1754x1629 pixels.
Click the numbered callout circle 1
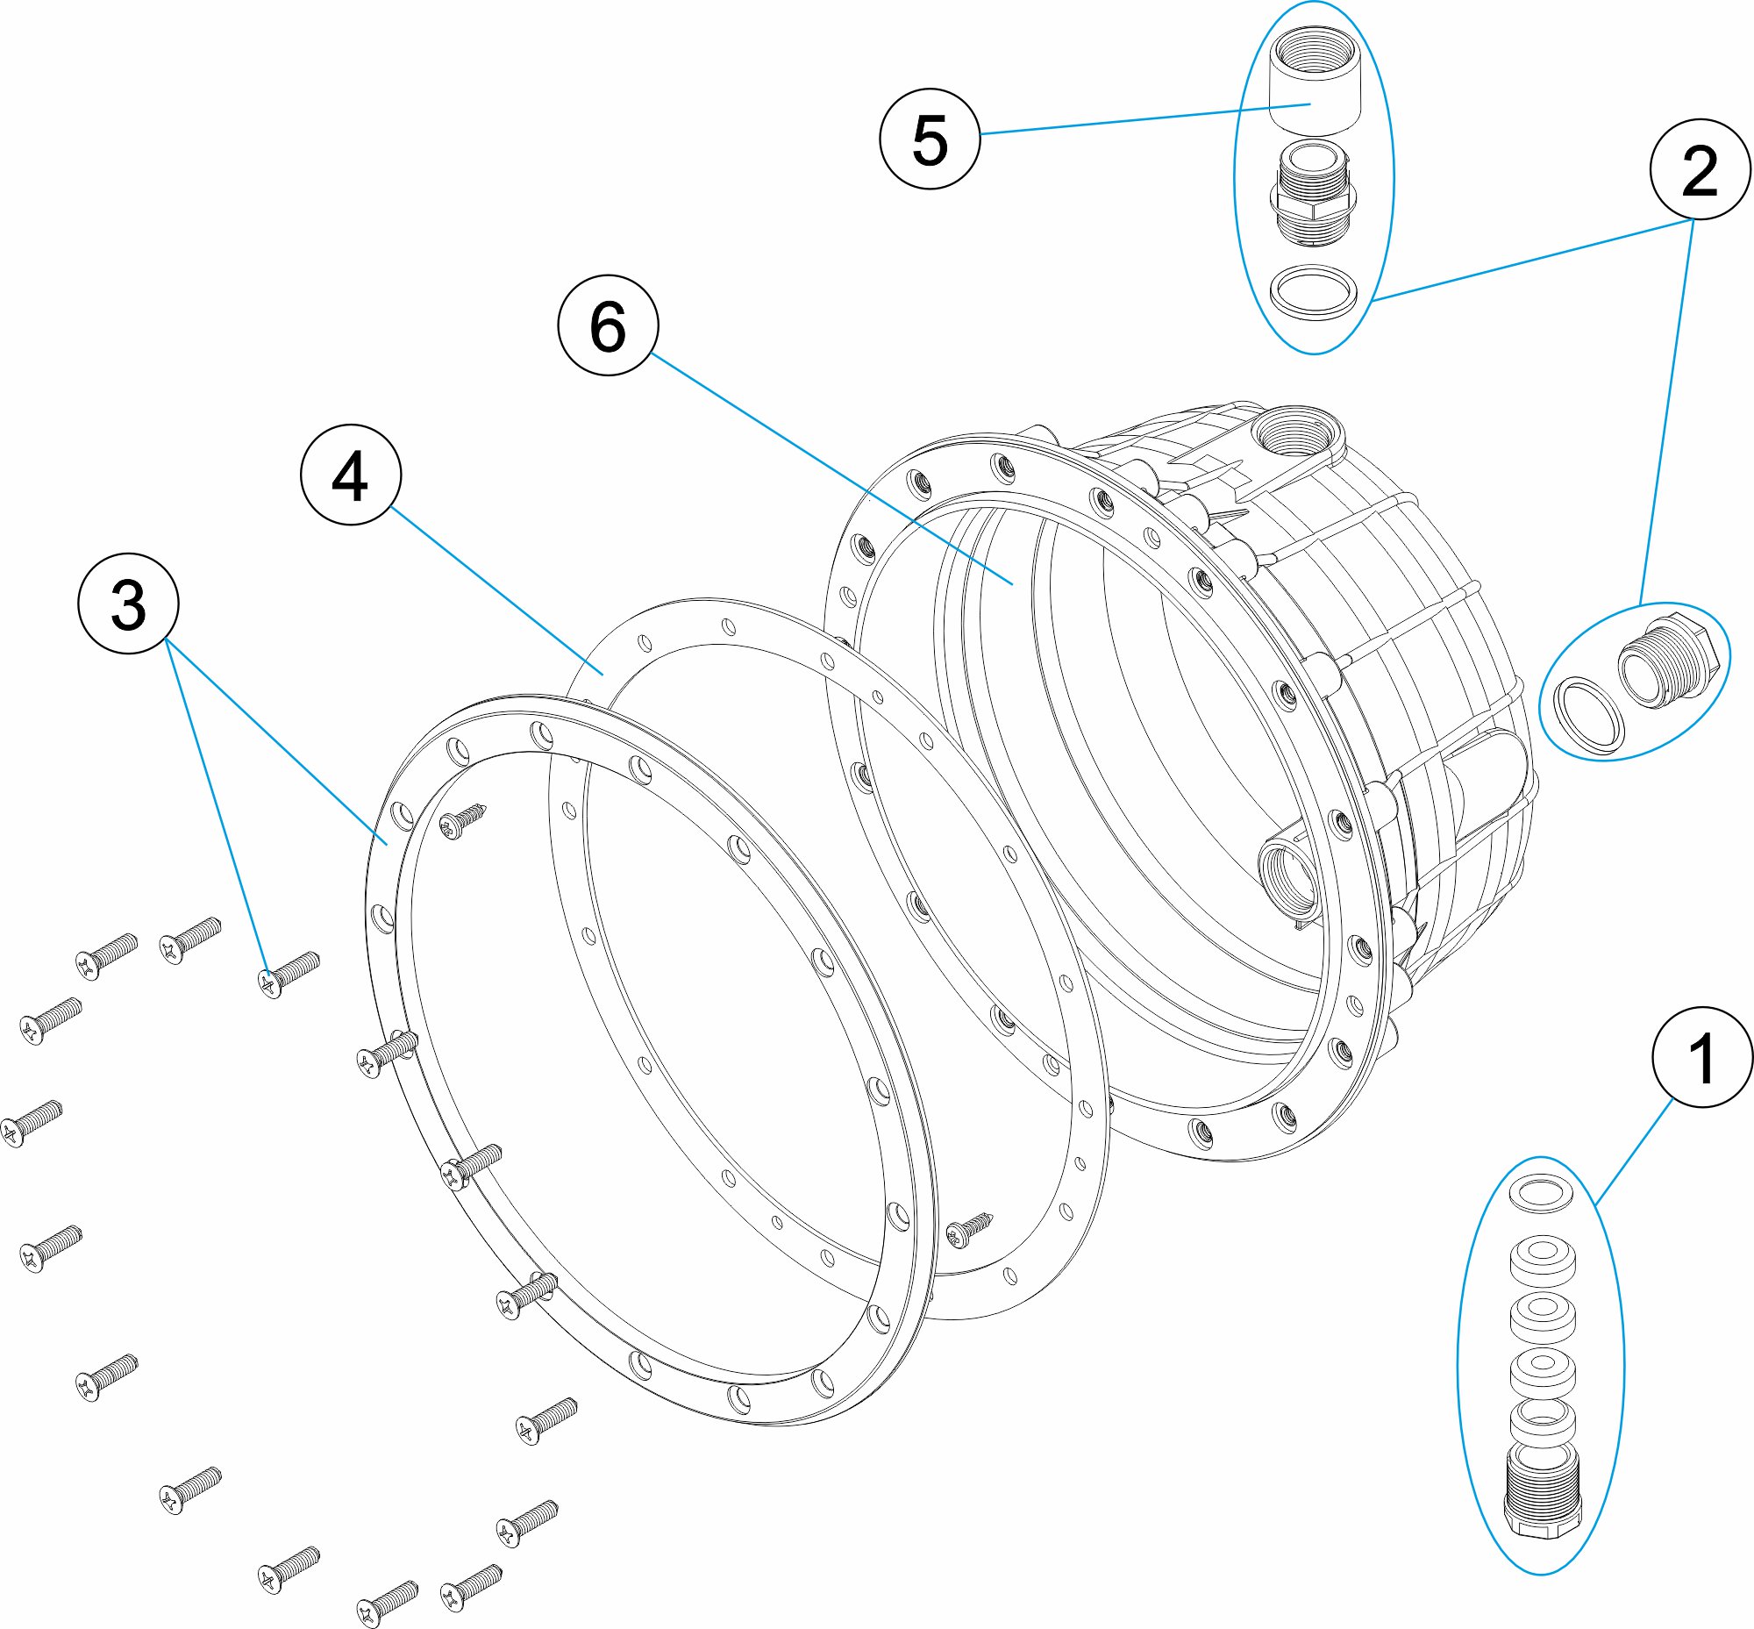coord(1701,1057)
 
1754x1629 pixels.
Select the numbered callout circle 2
coord(1700,169)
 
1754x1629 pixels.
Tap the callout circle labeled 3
coord(129,604)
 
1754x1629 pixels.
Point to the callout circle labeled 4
coord(351,475)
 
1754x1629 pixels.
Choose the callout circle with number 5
coord(930,139)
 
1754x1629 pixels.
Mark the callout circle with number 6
coord(608,325)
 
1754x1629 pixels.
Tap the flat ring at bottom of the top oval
coord(1313,291)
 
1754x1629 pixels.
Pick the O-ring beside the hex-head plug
coord(1588,716)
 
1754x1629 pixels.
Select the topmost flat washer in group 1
coord(1543,1194)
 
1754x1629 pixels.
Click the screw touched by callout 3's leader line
coord(287,973)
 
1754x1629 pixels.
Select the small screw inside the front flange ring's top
coord(463,820)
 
